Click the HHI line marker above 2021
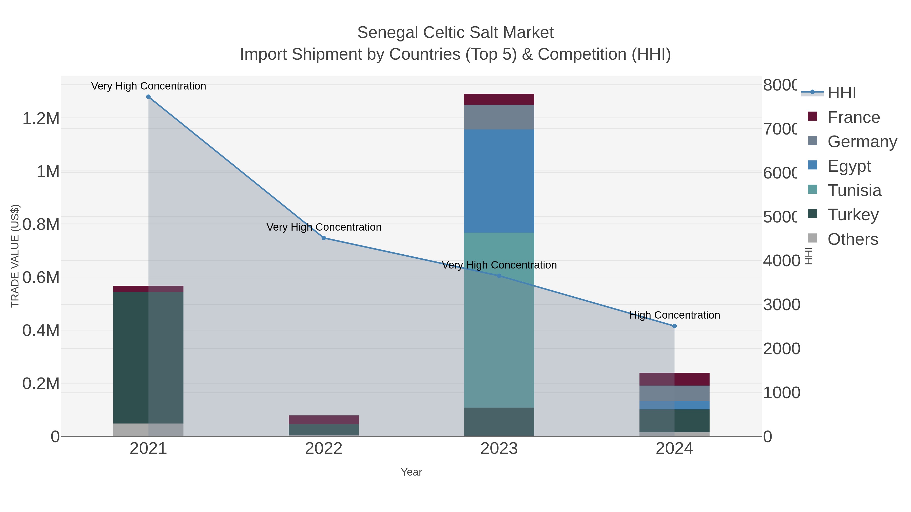pos(149,97)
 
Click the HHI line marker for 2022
pos(324,238)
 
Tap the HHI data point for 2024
pos(674,326)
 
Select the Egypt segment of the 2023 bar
pos(499,181)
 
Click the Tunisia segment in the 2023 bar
pos(499,320)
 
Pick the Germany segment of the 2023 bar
pos(499,117)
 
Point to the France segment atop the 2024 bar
pos(674,379)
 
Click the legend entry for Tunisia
pos(854,190)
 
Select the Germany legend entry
pos(862,142)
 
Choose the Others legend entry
pos(852,239)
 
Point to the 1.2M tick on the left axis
pos(41,118)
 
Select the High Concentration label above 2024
pos(674,315)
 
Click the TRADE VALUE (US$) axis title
pos(15,256)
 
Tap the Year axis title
pos(411,472)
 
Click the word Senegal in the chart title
pos(388,33)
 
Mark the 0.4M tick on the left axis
pos(41,331)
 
